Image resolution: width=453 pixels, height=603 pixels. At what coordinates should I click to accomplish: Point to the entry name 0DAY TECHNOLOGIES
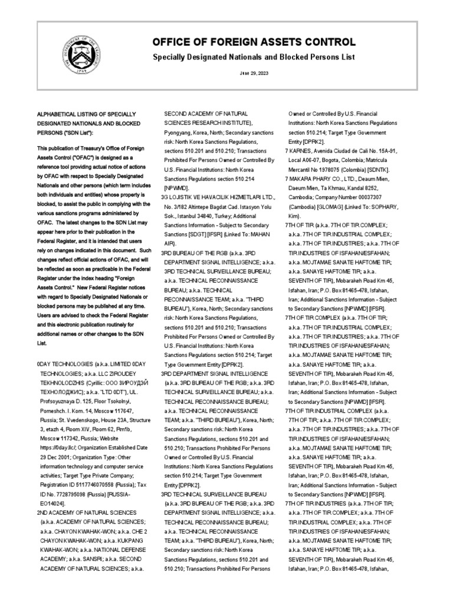68,365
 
